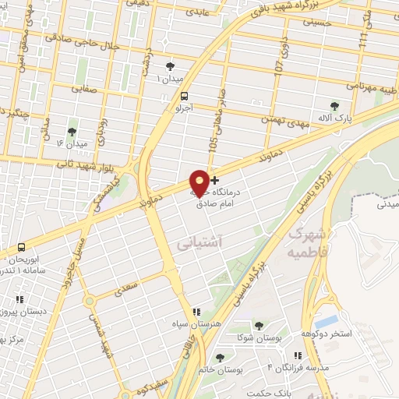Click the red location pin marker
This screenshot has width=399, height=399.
click(199, 182)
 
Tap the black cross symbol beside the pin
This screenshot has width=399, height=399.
click(215, 181)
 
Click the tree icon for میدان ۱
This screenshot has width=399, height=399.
click(171, 66)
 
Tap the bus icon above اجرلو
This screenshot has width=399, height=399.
click(184, 97)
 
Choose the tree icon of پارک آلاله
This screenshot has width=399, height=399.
click(335, 106)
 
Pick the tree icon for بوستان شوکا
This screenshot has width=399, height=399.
click(260, 325)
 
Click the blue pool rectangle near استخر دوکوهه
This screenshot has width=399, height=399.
click(327, 320)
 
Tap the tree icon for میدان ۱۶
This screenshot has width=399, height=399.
click(72, 132)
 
